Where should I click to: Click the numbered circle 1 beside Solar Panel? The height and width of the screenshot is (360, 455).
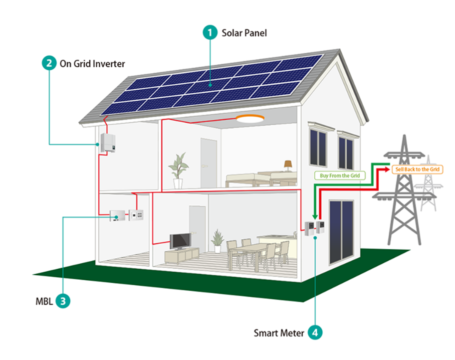click(210, 33)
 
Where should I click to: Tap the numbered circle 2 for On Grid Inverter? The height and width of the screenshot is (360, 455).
click(48, 64)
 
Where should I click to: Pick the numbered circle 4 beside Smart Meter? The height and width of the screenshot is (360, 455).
click(315, 332)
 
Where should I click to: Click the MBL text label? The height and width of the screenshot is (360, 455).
click(41, 301)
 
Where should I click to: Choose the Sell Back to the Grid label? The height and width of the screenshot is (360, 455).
click(417, 170)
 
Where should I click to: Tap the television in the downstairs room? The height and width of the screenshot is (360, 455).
click(179, 241)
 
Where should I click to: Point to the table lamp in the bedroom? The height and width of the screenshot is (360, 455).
click(288, 165)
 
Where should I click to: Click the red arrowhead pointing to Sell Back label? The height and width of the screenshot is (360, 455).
click(388, 170)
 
